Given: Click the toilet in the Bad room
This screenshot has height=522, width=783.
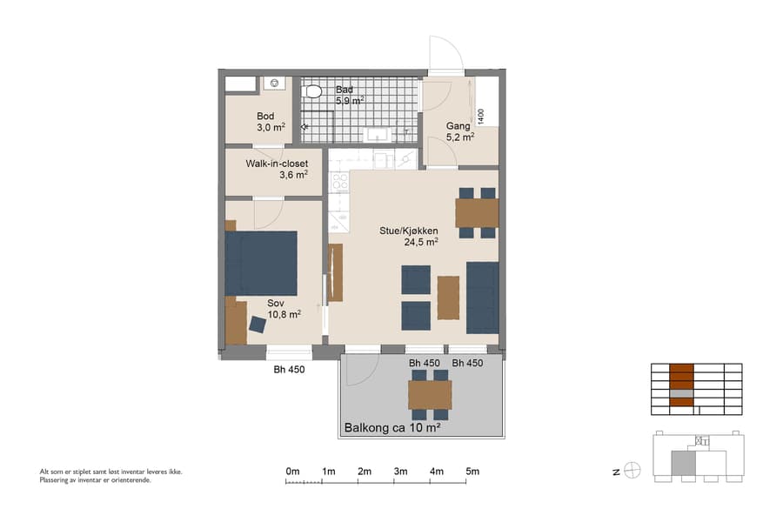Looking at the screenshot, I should (x=313, y=90).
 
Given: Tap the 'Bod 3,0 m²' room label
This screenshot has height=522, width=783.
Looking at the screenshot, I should (x=265, y=122).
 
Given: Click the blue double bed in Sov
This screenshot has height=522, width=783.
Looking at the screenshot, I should (x=261, y=263).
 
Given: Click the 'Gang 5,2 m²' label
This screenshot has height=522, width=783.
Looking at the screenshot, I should (x=459, y=131).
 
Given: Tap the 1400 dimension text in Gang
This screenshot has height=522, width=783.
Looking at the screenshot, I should (x=480, y=114).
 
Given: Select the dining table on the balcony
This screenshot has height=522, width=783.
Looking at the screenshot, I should (x=430, y=395).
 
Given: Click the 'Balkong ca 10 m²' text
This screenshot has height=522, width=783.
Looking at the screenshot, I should (x=391, y=428).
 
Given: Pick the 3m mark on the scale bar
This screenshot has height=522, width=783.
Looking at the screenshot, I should (x=401, y=472).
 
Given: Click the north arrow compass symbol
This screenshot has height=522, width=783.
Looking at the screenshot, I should (x=632, y=471).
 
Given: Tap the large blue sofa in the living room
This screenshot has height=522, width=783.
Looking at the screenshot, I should (x=482, y=298).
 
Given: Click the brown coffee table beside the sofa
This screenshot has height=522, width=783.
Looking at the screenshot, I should (x=448, y=298).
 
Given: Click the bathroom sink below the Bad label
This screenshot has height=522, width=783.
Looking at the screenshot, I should (x=377, y=134).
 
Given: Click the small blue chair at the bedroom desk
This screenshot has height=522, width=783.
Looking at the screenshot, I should (x=258, y=325).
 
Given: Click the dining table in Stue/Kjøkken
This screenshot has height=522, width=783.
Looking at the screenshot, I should (x=477, y=212).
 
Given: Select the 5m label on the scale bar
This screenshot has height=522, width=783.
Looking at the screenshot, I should (x=472, y=472).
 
